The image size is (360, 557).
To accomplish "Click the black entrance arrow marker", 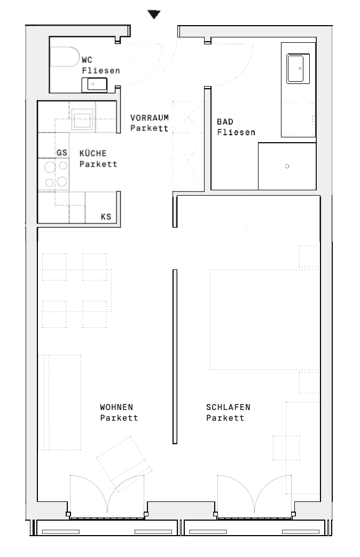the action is point(154,14).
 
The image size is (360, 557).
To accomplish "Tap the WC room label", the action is point(87,60).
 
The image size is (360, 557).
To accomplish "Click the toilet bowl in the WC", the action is point(65,57).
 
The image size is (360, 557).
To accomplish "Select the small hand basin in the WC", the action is point(95,84).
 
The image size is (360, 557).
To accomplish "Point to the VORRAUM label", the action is point(150,118).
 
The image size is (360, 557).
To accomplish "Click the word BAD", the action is point(225,122).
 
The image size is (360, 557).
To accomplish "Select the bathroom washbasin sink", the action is point(298,68).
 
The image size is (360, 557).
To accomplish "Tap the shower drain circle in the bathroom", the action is point(287,166).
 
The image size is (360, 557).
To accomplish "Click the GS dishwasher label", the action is point(62,153).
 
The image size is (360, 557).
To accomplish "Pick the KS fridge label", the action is point(106,216).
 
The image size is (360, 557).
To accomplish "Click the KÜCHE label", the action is point(93,153).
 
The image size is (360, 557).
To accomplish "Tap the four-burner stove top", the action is point(54,174).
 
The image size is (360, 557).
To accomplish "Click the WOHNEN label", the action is point(116,407).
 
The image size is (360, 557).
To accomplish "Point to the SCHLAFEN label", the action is point(228,407).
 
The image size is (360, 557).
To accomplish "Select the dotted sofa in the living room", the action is point(60,402).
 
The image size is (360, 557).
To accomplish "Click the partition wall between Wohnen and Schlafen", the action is point(175,357).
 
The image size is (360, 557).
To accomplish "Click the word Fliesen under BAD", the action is point(236,133).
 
